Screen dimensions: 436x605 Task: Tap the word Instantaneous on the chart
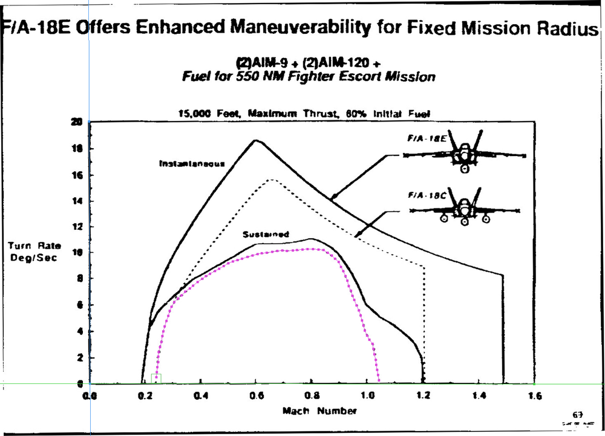click(x=192, y=163)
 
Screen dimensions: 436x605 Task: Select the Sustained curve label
click(x=266, y=235)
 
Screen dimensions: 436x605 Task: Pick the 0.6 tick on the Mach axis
click(x=256, y=396)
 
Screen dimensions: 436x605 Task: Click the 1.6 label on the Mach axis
click(x=534, y=396)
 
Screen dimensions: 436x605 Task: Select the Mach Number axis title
click(x=319, y=411)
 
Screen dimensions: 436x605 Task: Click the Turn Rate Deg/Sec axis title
click(x=34, y=252)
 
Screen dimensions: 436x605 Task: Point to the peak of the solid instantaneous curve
click(x=255, y=140)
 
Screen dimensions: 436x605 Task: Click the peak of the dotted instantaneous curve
click(x=272, y=179)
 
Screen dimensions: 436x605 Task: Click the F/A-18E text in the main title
click(x=36, y=28)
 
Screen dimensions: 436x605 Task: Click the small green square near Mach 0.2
click(x=156, y=379)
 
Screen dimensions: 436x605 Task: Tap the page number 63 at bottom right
click(x=577, y=415)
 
